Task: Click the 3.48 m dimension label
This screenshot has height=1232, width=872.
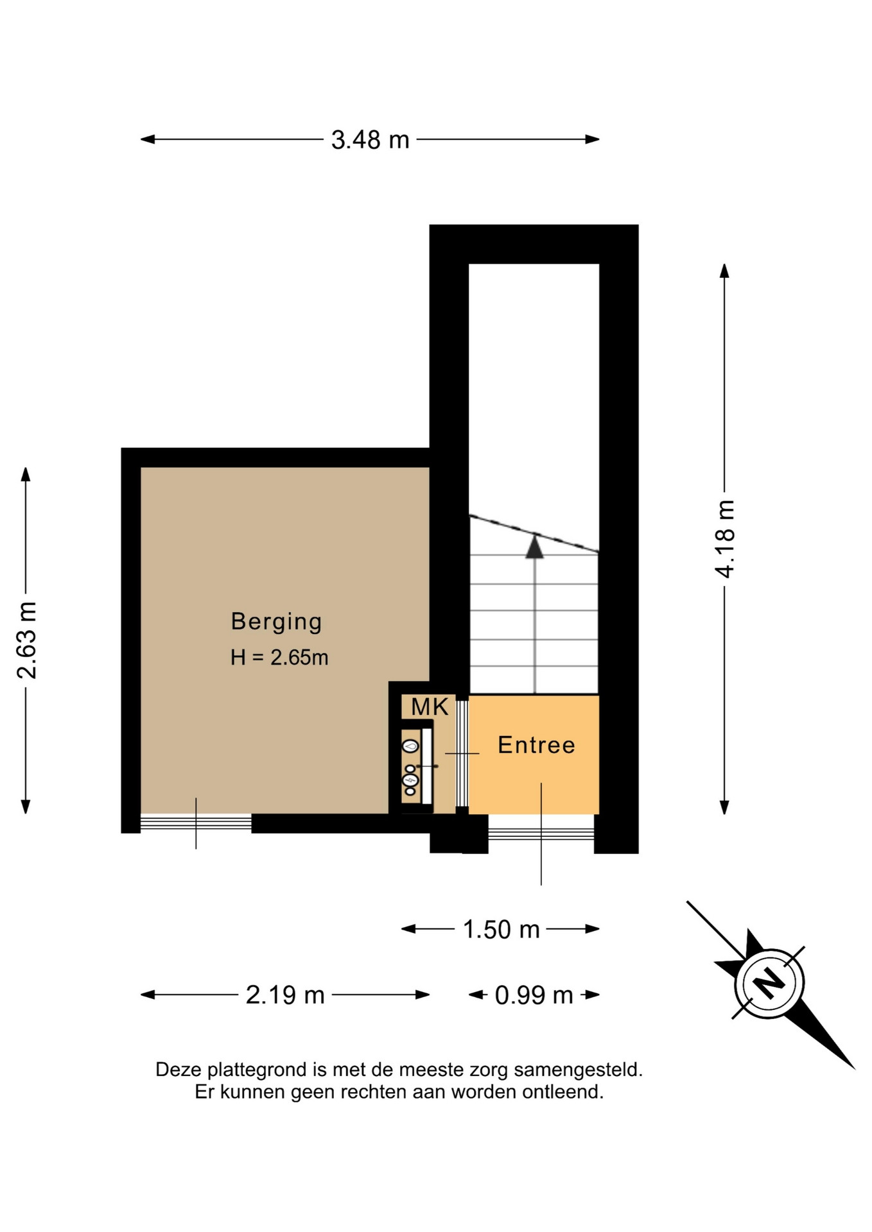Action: pos(370,140)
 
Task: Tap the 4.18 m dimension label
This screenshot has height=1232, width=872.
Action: pos(725,539)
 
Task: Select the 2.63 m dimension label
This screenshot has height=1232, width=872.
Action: pos(27,640)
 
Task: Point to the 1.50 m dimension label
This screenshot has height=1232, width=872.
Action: pos(501,929)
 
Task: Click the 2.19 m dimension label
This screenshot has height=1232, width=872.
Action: pos(285,995)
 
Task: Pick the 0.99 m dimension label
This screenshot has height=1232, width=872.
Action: pos(534,995)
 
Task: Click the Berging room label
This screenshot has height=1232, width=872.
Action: pos(276,622)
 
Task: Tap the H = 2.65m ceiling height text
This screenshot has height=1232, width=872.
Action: pos(279,658)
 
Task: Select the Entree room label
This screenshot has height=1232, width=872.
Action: pos(536,745)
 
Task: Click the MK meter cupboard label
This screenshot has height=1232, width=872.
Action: pos(430,707)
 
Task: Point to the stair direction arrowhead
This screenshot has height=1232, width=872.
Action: pos(534,547)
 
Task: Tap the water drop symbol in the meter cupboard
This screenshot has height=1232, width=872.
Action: pos(410,746)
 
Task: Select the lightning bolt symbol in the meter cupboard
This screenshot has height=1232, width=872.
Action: pos(410,780)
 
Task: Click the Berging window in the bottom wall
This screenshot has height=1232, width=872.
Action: pos(196,823)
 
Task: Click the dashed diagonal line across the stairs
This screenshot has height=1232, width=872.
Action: pos(534,533)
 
